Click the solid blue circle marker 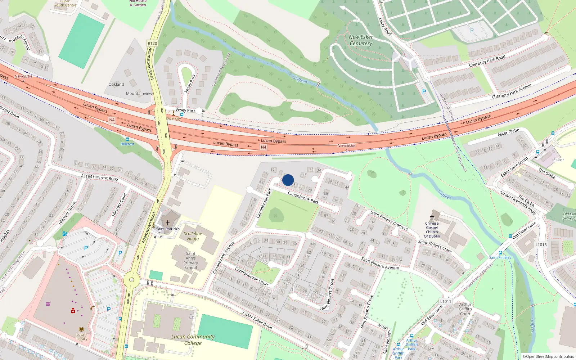click(x=288, y=180)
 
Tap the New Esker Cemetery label click(x=361, y=40)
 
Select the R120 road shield click(x=152, y=43)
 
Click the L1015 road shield click(x=541, y=245)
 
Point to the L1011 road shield click(x=445, y=301)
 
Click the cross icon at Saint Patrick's click(x=167, y=223)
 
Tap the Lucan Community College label click(x=193, y=340)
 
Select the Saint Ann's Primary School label click(x=191, y=261)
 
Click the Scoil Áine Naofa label click(x=193, y=236)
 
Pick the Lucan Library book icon click(x=81, y=329)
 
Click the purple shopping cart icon click(x=48, y=304)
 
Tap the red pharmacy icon click(x=73, y=311)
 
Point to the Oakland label click(x=116, y=84)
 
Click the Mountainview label click(x=139, y=94)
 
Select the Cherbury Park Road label click(x=487, y=61)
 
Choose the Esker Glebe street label click(x=508, y=132)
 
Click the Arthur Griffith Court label click(x=465, y=309)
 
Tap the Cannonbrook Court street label click(x=252, y=276)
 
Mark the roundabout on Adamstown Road click(x=131, y=280)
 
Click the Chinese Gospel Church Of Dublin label click(x=432, y=230)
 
